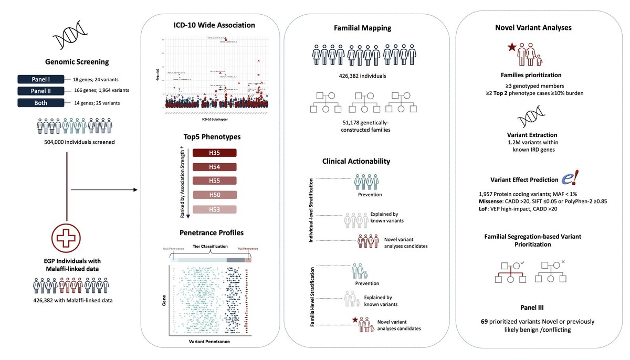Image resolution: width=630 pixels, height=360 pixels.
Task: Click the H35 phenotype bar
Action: [215, 153]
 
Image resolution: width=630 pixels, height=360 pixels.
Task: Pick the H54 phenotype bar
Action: [215, 167]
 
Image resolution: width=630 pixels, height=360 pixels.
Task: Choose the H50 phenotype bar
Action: [215, 196]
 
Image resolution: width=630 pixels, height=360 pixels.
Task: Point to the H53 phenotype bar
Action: [215, 210]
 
